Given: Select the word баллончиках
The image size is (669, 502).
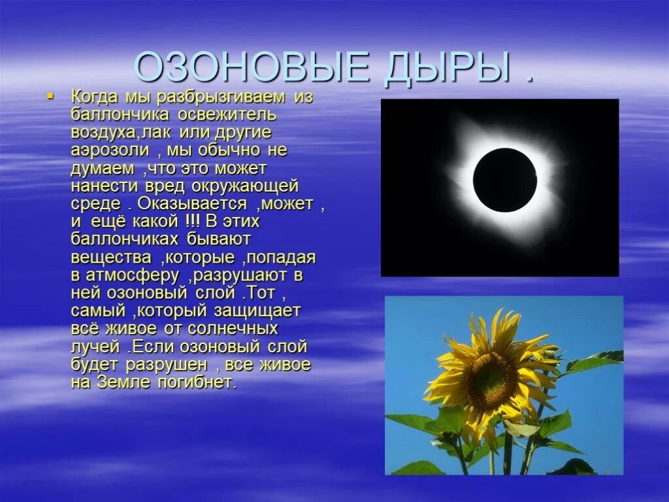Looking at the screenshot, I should coord(125,239).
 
